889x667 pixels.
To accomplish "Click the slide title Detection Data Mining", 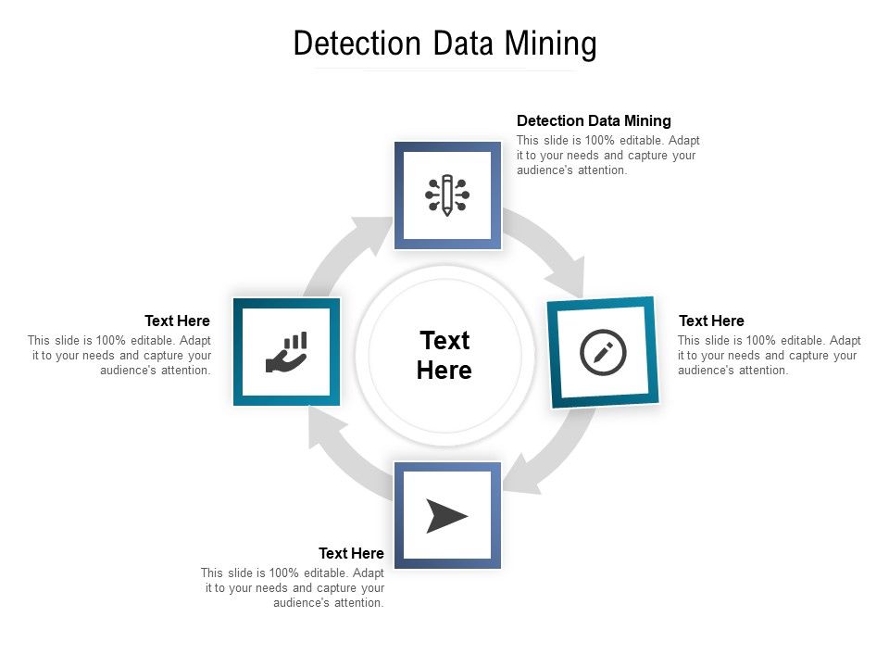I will [444, 44].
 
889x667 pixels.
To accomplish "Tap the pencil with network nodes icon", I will [447, 195].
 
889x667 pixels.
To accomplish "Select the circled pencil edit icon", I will [603, 352].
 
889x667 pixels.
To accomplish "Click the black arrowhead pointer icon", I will [446, 515].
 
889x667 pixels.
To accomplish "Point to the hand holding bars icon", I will [286, 352].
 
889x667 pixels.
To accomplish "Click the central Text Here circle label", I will [444, 355].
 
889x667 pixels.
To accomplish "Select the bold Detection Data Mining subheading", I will [594, 120].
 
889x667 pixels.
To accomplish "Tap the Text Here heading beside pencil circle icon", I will [711, 321].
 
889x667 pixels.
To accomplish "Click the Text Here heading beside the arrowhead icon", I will [351, 553].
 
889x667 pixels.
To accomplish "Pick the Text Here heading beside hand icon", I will [177, 321].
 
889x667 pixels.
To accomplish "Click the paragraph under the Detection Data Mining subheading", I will [607, 156].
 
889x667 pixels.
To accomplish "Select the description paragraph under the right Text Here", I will [769, 356].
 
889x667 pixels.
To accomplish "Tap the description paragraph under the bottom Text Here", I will [293, 588].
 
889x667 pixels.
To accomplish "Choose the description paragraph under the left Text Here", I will [119, 356].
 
